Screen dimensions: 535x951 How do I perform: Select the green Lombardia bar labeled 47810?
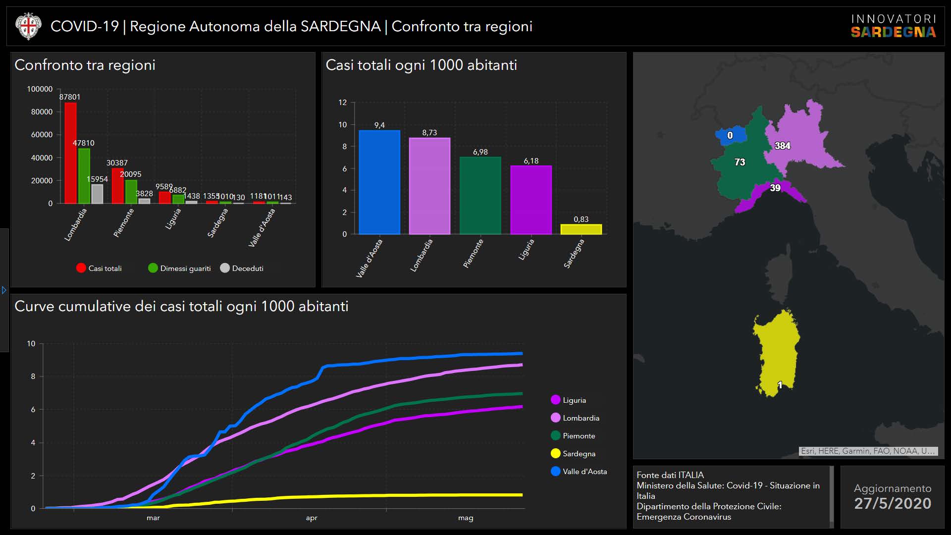tap(84, 176)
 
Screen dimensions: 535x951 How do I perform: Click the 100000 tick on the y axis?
tap(40, 89)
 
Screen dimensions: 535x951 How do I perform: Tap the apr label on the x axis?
tap(312, 518)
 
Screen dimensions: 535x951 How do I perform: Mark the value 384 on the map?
tap(783, 146)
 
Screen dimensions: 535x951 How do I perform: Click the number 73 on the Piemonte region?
tap(740, 162)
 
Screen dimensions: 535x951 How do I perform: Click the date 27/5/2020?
tap(893, 503)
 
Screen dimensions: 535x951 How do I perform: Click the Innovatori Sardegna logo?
tap(893, 26)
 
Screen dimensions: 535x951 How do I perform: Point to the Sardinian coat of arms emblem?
tap(28, 26)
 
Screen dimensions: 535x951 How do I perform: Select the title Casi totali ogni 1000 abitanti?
tap(421, 65)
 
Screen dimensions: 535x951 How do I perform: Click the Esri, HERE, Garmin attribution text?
tap(867, 451)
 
